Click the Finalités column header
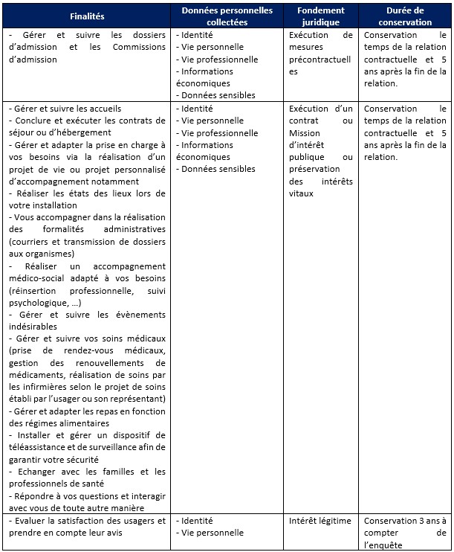pyautogui.click(x=87, y=16)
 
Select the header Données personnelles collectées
pyautogui.click(x=227, y=16)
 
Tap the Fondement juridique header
pyautogui.click(x=320, y=16)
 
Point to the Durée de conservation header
pyautogui.click(x=405, y=16)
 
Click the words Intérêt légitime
pyautogui.click(x=320, y=521)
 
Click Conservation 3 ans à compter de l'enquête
pyautogui.click(x=405, y=533)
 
